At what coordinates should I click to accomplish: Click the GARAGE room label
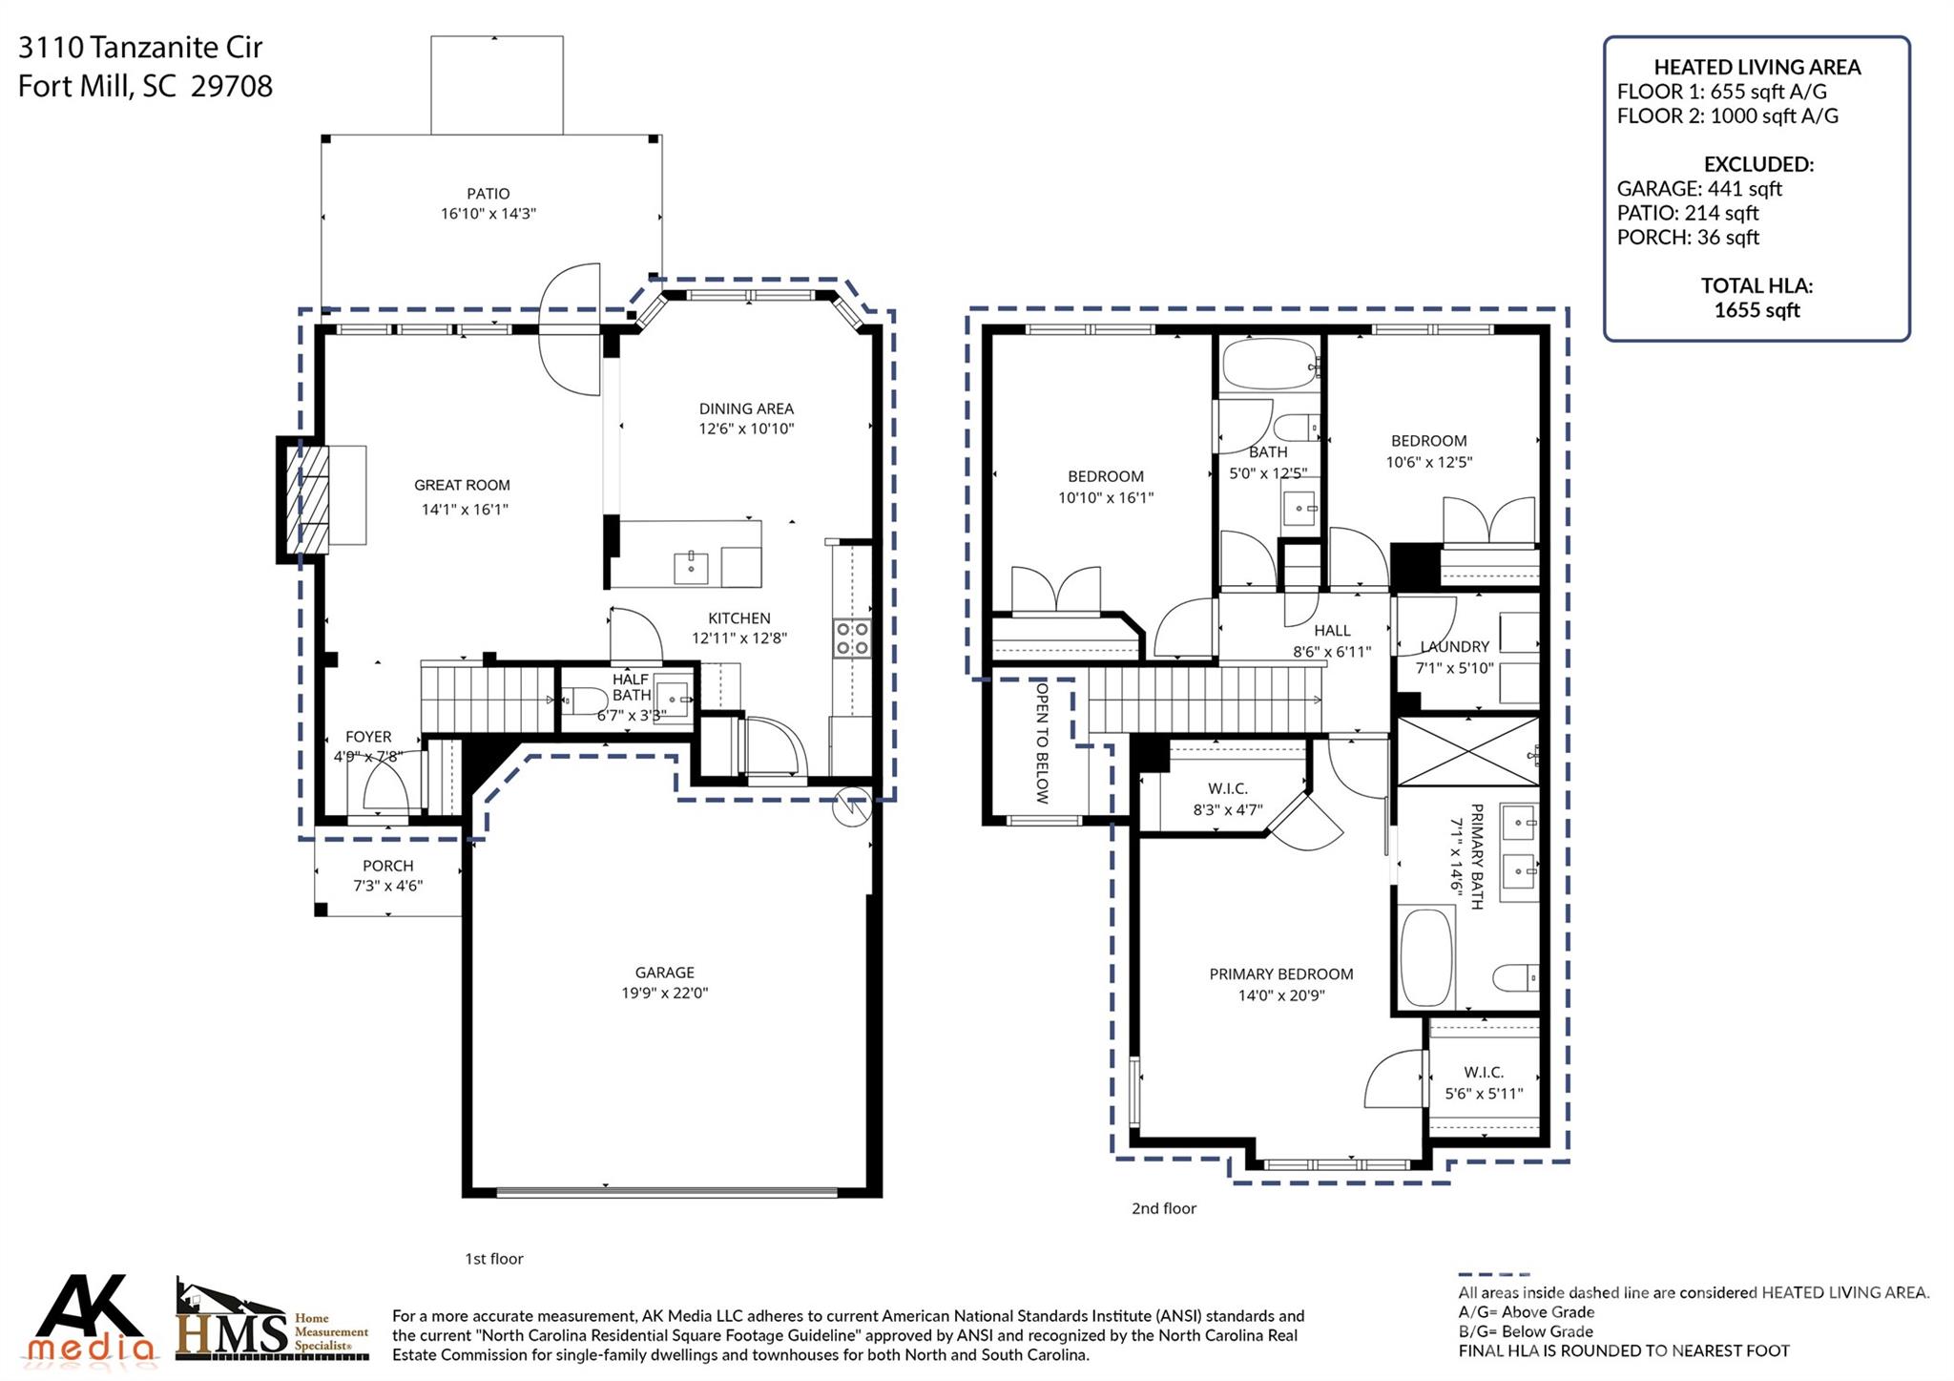pyautogui.click(x=664, y=972)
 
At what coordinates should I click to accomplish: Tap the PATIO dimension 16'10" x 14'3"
pyautogui.click(x=488, y=215)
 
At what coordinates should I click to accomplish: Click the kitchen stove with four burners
pyautogui.click(x=852, y=638)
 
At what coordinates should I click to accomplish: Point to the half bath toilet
pyautogui.click(x=579, y=702)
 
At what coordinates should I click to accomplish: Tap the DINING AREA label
pyautogui.click(x=746, y=408)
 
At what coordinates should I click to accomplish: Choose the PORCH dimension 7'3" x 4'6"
pyautogui.click(x=387, y=886)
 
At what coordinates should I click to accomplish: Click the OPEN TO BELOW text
pyautogui.click(x=1042, y=742)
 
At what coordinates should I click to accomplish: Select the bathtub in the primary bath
pyautogui.click(x=1425, y=957)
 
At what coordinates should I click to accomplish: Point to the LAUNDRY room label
pyautogui.click(x=1454, y=647)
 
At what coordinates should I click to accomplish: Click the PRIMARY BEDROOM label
pyautogui.click(x=1280, y=973)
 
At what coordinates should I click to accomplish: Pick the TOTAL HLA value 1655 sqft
pyautogui.click(x=1756, y=310)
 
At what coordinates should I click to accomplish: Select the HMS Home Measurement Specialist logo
pyautogui.click(x=272, y=1322)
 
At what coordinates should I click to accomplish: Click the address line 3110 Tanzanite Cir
pyautogui.click(x=140, y=47)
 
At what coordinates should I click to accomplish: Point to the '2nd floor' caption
pyautogui.click(x=1163, y=1208)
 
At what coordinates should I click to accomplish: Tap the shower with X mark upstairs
pyautogui.click(x=1467, y=751)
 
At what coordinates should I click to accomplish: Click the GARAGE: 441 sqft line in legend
pyautogui.click(x=1698, y=189)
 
